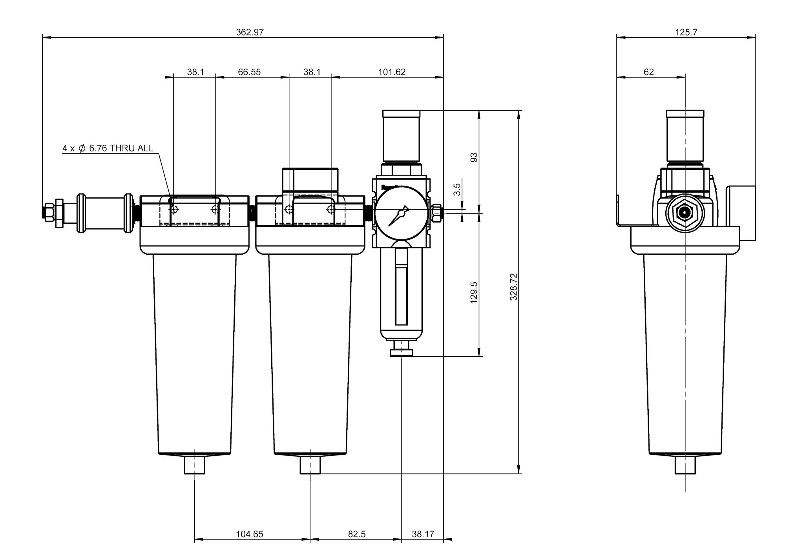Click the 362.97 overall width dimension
(250, 32)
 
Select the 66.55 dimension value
(249, 72)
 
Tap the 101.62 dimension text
(392, 72)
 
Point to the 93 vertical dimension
(474, 157)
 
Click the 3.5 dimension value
(457, 189)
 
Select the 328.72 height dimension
(514, 287)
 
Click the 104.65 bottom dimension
(250, 534)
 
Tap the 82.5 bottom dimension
(357, 534)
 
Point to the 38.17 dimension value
(423, 534)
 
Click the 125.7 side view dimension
(686, 32)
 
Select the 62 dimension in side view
(649, 72)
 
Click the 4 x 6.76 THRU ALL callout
(108, 148)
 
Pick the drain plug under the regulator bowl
(402, 348)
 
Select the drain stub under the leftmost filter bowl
(195, 465)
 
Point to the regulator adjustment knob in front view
(401, 136)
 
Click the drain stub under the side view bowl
(685, 465)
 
